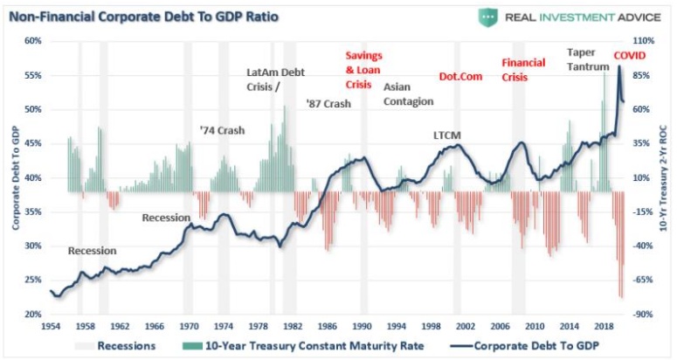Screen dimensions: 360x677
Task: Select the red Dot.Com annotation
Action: (459, 77)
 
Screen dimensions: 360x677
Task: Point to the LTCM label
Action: (446, 135)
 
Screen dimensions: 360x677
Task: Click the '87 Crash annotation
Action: (328, 103)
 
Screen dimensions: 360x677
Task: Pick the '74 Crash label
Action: (222, 130)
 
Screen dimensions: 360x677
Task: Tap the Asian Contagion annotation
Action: (408, 94)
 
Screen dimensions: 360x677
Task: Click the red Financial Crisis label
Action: (523, 69)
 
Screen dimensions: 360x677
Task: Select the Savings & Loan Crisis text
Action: (364, 70)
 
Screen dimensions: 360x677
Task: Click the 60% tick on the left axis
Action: (33, 41)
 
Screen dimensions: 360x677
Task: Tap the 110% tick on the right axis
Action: (644, 41)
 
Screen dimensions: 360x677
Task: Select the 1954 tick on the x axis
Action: (51, 326)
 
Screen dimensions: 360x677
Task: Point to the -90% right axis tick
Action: (643, 315)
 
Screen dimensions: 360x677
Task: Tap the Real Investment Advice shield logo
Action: (487, 17)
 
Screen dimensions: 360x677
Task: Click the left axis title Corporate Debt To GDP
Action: (15, 177)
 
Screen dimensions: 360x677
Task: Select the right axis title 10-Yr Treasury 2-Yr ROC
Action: (666, 177)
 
